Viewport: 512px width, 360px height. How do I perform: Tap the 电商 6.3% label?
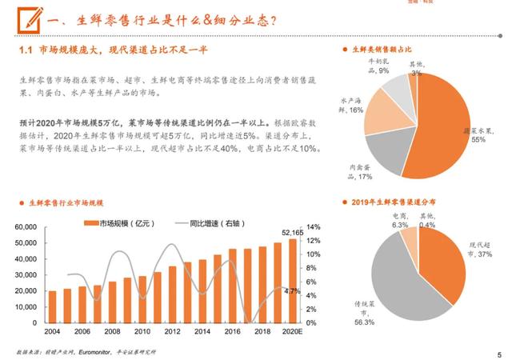coord(400,221)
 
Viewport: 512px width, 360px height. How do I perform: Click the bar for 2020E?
coord(292,275)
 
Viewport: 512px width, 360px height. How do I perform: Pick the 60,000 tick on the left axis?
coord(30,227)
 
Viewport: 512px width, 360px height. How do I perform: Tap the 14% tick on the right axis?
coord(314,227)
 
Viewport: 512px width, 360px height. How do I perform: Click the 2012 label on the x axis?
coord(172,330)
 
